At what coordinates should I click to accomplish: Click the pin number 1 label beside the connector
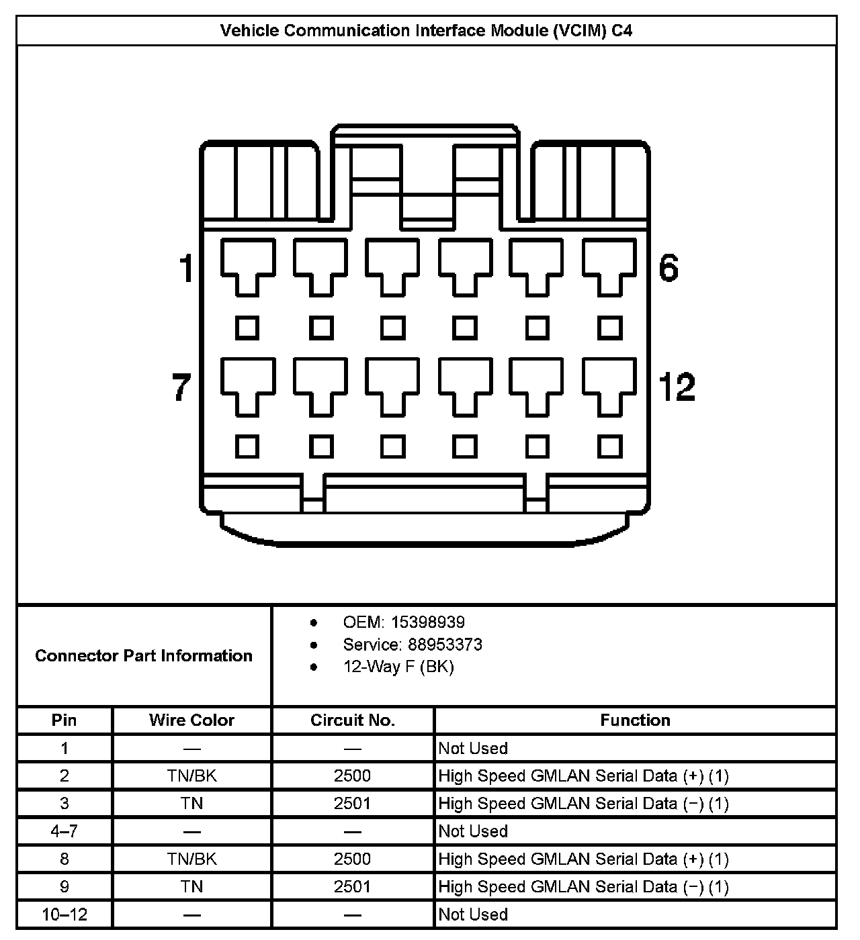pos(186,269)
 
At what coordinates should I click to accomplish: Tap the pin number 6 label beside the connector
pos(669,269)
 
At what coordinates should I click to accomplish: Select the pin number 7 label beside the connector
pos(182,387)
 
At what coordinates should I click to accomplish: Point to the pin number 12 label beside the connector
pos(677,387)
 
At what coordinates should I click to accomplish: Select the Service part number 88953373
pos(445,645)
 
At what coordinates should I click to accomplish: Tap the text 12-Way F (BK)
pos(398,667)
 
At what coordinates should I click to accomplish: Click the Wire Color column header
pos(191,720)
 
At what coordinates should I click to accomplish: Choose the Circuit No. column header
pos(353,720)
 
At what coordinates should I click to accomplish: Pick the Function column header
pos(635,720)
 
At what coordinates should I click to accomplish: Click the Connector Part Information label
pos(144,655)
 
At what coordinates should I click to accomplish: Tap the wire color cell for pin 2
pos(191,776)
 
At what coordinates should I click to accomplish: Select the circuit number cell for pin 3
pos(352,804)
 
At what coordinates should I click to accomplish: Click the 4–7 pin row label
pos(64,831)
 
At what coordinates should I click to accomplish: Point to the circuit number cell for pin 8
pos(352,859)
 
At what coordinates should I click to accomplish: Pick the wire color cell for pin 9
pos(191,887)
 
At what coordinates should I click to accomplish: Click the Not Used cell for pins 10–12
pos(473,914)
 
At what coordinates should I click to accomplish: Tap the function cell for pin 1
pos(473,749)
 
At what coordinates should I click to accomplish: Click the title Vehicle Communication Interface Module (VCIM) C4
pos(426,31)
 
